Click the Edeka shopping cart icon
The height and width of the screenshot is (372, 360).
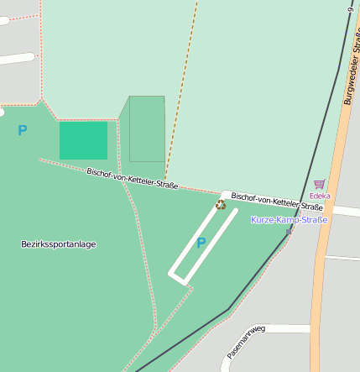click(x=319, y=184)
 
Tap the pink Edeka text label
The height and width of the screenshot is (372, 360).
click(x=320, y=196)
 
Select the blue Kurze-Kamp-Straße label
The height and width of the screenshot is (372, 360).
click(x=289, y=219)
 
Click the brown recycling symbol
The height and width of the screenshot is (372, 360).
click(x=221, y=204)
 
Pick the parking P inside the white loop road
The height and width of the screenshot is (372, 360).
click(x=201, y=244)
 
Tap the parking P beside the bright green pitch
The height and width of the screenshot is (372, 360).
click(x=22, y=131)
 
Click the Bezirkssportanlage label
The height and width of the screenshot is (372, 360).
click(x=58, y=244)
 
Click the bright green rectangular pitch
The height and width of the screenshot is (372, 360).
click(x=83, y=140)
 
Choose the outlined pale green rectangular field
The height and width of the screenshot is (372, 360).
click(x=146, y=128)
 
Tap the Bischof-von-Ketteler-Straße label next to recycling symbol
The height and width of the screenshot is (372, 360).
click(x=277, y=202)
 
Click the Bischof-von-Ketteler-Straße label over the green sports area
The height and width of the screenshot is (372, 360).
click(x=133, y=178)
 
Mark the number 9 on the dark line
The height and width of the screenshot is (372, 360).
click(x=349, y=9)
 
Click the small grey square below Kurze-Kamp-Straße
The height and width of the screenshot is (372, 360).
click(x=290, y=231)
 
